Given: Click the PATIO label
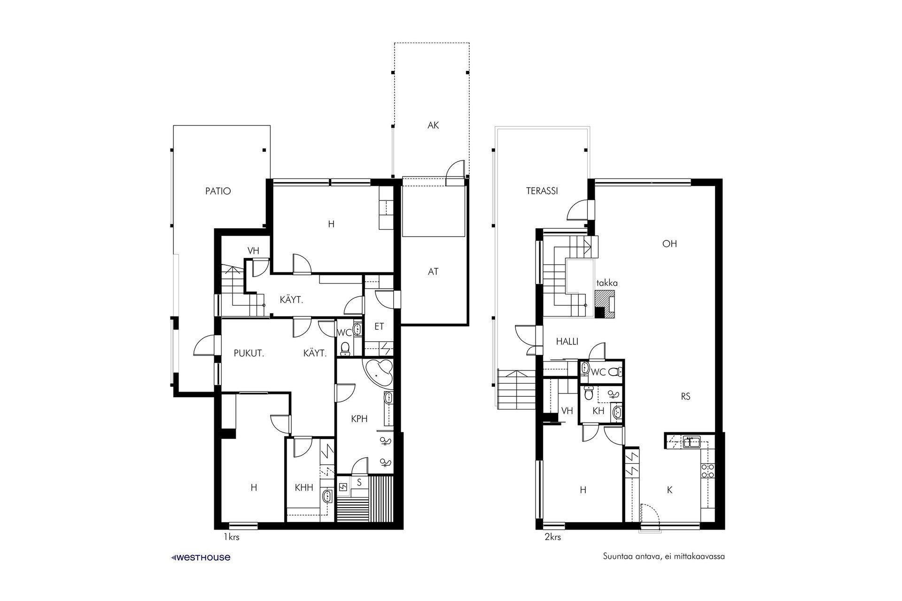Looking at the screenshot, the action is (x=218, y=192).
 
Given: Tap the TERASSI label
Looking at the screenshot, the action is (x=542, y=192).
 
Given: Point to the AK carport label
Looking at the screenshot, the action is (x=433, y=126).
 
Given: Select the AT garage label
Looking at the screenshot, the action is (x=433, y=271).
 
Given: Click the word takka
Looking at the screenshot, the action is (x=607, y=283).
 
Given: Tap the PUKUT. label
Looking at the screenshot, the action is (x=249, y=354).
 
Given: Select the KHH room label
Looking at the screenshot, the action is (x=304, y=488).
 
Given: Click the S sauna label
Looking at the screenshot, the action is (x=359, y=482).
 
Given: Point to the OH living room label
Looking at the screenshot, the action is (x=669, y=244).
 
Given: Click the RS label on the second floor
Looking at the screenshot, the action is (x=685, y=397).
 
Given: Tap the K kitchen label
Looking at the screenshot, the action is (x=670, y=490).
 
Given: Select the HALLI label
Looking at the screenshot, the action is (x=567, y=342).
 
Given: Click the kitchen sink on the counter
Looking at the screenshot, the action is (x=692, y=441).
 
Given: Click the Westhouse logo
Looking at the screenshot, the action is (x=201, y=557).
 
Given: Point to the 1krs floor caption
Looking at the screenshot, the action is (x=231, y=537).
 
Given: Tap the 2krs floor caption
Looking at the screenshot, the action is (x=552, y=537).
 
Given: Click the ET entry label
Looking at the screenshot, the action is (x=379, y=326).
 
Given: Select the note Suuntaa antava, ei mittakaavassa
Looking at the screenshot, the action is (x=664, y=557).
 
